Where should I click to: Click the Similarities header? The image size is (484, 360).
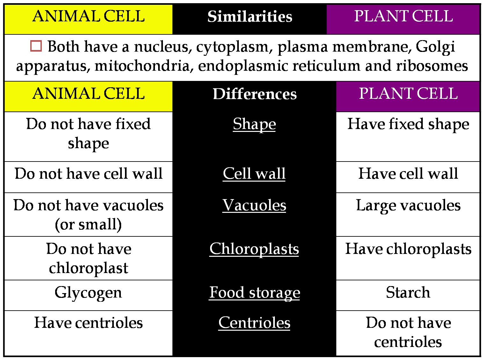click(250, 17)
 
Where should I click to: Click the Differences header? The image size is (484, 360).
click(254, 94)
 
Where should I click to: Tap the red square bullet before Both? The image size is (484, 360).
click(36, 46)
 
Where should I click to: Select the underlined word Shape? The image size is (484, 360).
click(254, 124)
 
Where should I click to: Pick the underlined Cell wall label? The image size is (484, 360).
click(254, 174)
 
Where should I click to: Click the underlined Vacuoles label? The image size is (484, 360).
click(254, 205)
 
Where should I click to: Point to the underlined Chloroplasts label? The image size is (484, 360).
click(254, 249)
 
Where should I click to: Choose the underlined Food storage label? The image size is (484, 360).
click(254, 293)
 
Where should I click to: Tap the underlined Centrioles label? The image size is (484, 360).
click(254, 323)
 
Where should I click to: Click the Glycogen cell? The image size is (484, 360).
click(88, 293)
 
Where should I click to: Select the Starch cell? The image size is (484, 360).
click(408, 293)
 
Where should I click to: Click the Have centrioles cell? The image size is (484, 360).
click(88, 323)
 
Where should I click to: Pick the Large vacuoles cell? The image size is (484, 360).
click(408, 205)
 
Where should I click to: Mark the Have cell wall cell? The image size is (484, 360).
click(408, 174)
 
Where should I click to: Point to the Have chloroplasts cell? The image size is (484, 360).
click(408, 249)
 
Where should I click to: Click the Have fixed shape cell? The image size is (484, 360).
click(408, 124)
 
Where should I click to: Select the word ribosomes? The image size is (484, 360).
click(432, 66)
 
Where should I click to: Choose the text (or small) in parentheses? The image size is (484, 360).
click(88, 225)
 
